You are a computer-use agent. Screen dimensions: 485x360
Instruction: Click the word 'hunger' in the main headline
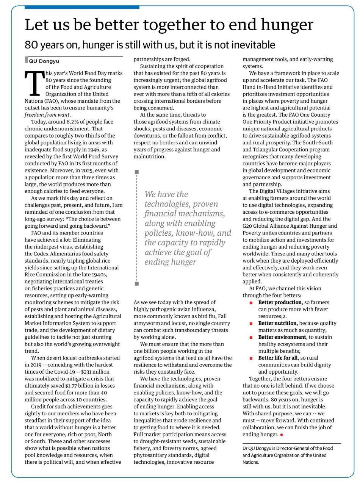coord(284,25)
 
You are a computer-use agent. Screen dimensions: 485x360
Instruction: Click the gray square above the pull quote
coord(137,172)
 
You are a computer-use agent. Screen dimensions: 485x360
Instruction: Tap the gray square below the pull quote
coord(137,283)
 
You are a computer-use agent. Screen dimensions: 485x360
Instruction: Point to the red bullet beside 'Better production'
coord(250,303)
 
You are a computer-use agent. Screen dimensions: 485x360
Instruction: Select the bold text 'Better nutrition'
coord(277,323)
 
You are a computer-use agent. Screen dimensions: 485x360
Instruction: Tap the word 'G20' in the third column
coord(247,226)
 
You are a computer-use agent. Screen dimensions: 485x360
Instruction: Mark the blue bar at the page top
coord(82,7)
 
